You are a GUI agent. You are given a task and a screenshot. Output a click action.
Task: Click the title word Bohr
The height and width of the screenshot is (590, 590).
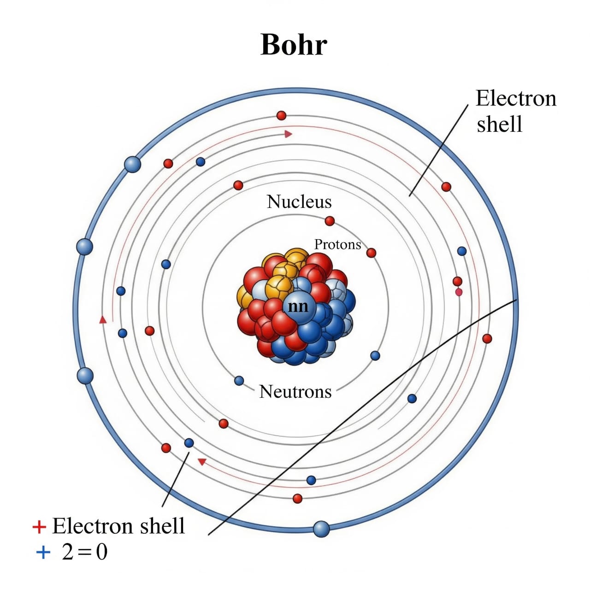(294, 45)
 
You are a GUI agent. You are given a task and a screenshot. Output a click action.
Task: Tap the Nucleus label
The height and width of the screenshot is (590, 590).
(299, 202)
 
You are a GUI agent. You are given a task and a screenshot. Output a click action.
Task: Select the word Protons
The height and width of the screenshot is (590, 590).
(338, 245)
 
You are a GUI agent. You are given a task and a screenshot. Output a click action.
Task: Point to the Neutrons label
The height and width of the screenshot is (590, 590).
(295, 392)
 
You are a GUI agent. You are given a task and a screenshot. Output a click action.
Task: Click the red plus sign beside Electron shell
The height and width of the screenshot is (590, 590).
(39, 527)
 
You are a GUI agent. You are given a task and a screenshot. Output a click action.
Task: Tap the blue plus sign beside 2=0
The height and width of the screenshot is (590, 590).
(43, 552)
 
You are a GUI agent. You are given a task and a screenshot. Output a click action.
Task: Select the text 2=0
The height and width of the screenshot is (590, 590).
(85, 553)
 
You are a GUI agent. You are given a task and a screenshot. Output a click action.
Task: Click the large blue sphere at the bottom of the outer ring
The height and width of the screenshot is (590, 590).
(321, 529)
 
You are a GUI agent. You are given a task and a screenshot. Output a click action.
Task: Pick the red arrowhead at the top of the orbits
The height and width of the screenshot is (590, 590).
(288, 134)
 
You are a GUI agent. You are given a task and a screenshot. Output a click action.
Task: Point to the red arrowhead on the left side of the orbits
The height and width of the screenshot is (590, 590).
(103, 319)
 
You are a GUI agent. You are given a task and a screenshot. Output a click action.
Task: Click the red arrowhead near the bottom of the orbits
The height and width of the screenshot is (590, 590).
(201, 461)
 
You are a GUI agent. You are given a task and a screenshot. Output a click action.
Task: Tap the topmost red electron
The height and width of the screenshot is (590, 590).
(281, 115)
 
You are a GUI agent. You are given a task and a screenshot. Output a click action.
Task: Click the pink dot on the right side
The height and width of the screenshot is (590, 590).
(459, 292)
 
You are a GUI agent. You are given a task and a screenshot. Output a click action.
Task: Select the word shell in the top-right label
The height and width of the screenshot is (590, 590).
(499, 124)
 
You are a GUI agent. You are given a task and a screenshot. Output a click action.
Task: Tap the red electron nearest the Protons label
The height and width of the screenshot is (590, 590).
(371, 253)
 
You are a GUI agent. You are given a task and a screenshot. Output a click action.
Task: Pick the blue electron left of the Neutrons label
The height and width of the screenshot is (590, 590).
(239, 381)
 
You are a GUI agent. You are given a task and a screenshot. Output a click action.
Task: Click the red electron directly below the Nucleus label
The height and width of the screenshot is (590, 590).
(330, 221)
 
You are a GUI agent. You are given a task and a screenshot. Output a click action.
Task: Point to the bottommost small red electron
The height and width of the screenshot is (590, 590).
(297, 498)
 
